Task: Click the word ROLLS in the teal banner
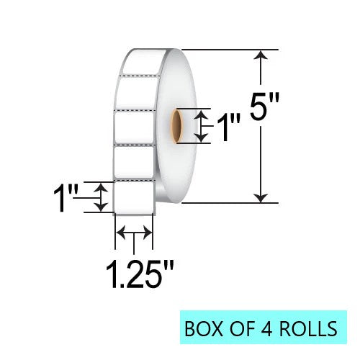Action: point(310,329)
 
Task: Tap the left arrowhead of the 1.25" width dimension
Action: point(121,232)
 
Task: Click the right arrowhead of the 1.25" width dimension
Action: point(148,232)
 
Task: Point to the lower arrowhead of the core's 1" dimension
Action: point(204,137)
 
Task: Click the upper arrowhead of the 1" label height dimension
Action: point(102,186)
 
